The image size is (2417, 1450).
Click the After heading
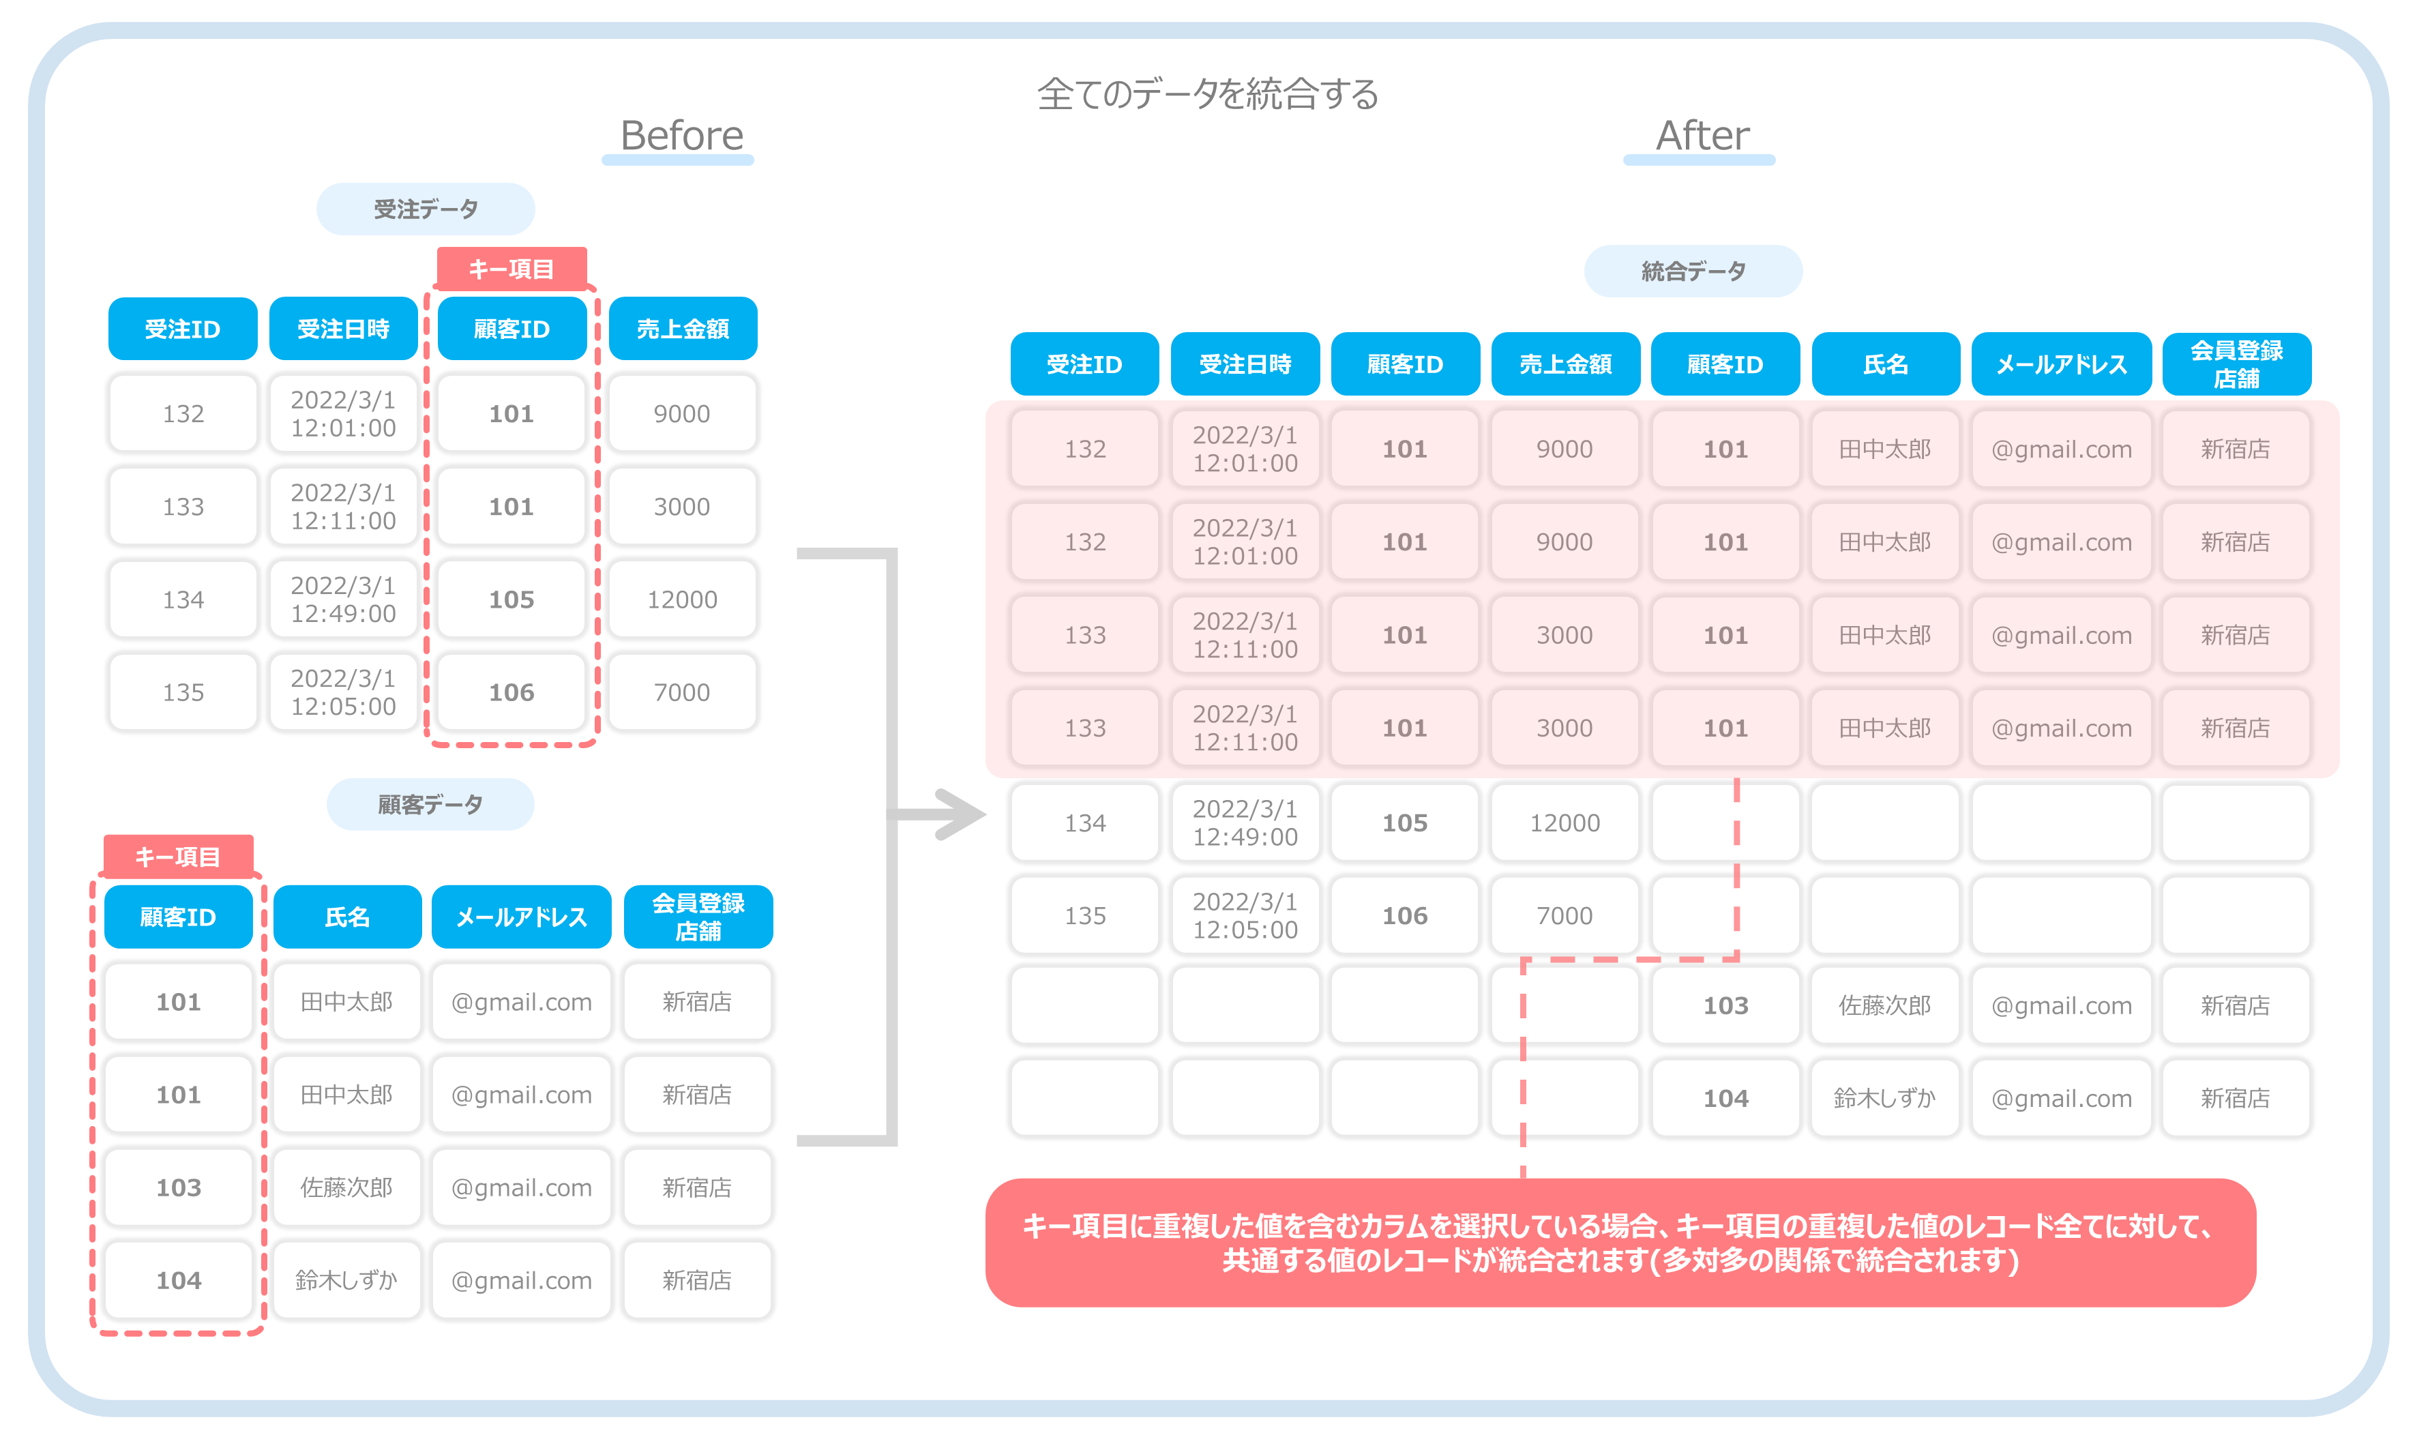tap(1702, 135)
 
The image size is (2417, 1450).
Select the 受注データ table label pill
tap(426, 209)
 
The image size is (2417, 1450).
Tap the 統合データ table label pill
tap(1693, 271)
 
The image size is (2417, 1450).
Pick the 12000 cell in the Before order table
tap(683, 599)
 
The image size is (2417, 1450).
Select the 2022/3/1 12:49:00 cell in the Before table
tap(343, 599)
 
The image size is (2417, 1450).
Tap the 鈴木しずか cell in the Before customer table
tap(347, 1280)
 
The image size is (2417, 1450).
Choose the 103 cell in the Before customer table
tap(179, 1187)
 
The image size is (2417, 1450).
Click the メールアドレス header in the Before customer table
tap(522, 917)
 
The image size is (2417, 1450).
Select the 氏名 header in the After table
tap(1886, 364)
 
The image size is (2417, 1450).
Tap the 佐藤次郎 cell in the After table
tap(1886, 1005)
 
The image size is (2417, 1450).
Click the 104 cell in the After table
tap(1725, 1098)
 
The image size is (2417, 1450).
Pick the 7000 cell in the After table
tap(1565, 915)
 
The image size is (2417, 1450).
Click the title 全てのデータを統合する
tap(1208, 94)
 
